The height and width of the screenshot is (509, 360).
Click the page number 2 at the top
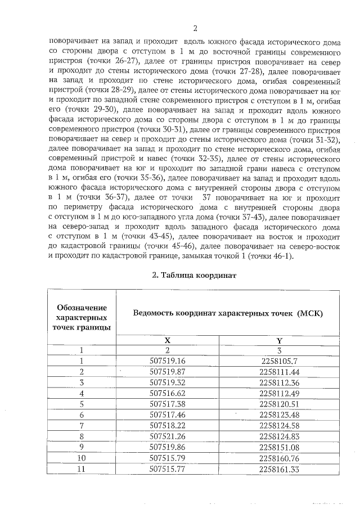click(x=194, y=29)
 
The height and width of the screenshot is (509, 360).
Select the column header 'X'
click(x=167, y=340)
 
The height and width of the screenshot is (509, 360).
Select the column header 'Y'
click(x=279, y=340)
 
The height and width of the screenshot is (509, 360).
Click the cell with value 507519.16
click(x=167, y=361)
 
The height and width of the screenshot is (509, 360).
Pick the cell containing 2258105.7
click(x=279, y=361)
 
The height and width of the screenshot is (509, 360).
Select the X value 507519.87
click(x=167, y=372)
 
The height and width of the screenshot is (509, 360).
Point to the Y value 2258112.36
click(x=279, y=382)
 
